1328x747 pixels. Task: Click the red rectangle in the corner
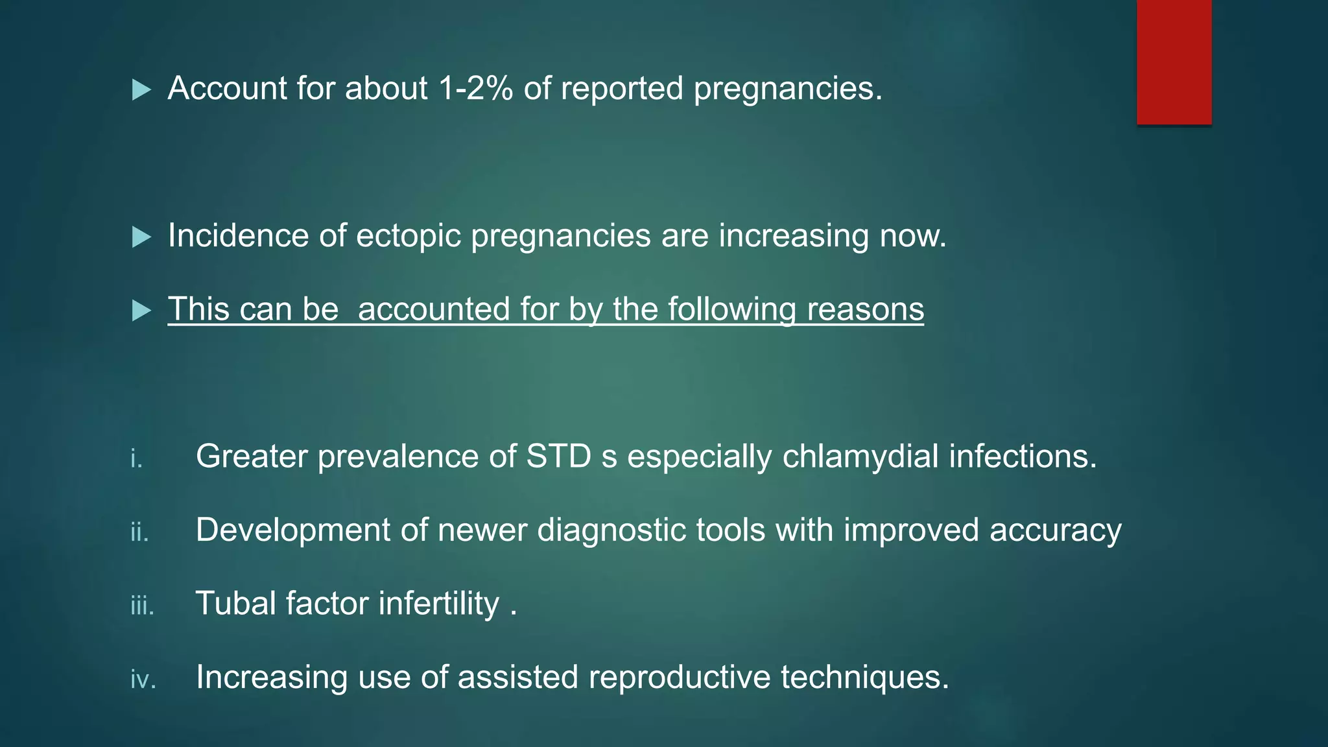click(x=1174, y=62)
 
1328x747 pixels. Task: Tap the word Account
click(x=227, y=88)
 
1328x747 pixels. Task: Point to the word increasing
click(x=793, y=235)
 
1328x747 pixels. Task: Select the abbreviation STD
click(x=558, y=456)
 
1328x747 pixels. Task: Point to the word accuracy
click(x=1055, y=530)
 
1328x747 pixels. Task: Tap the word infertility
click(x=438, y=603)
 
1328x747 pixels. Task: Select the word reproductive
click(x=679, y=677)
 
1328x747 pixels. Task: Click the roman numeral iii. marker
click(x=142, y=606)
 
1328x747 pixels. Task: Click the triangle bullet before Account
click(x=141, y=90)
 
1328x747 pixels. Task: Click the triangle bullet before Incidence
click(x=141, y=237)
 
